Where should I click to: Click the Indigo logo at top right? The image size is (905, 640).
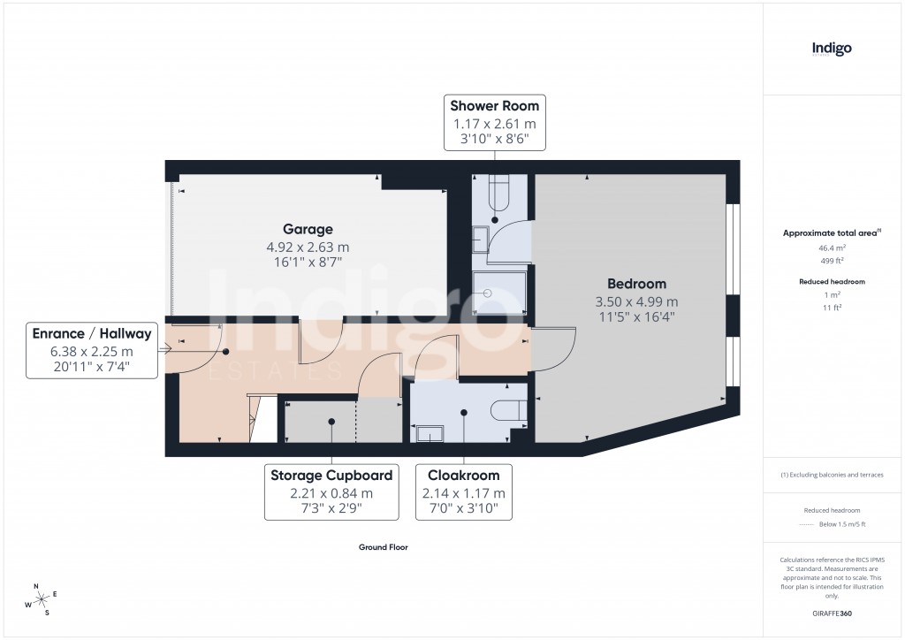(832, 50)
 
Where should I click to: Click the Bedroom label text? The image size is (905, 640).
(636, 284)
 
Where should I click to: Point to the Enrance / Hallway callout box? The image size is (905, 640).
(92, 350)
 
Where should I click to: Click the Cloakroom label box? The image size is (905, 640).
(464, 491)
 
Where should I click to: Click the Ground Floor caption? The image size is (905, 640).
(383, 547)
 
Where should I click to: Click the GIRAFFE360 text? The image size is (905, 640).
(832, 613)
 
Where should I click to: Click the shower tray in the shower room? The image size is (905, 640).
(499, 292)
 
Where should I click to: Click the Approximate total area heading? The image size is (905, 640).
(831, 233)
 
